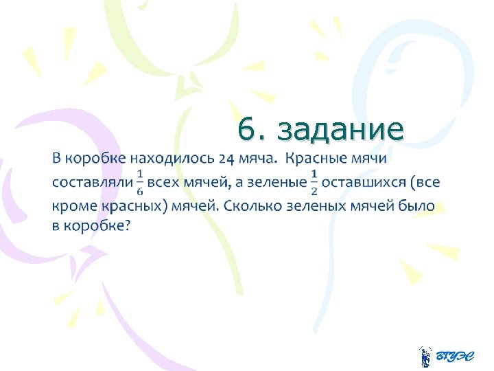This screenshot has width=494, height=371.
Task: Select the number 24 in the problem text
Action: [227, 159]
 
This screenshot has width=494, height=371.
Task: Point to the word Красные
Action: [317, 159]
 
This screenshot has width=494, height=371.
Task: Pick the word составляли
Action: [91, 183]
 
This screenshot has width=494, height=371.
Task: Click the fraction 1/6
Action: [140, 182]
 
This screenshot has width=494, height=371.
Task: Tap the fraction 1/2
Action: [314, 182]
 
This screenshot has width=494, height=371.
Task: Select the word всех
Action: [165, 183]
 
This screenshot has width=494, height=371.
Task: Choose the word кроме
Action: [72, 206]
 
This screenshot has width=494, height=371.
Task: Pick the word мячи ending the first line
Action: [368, 159]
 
